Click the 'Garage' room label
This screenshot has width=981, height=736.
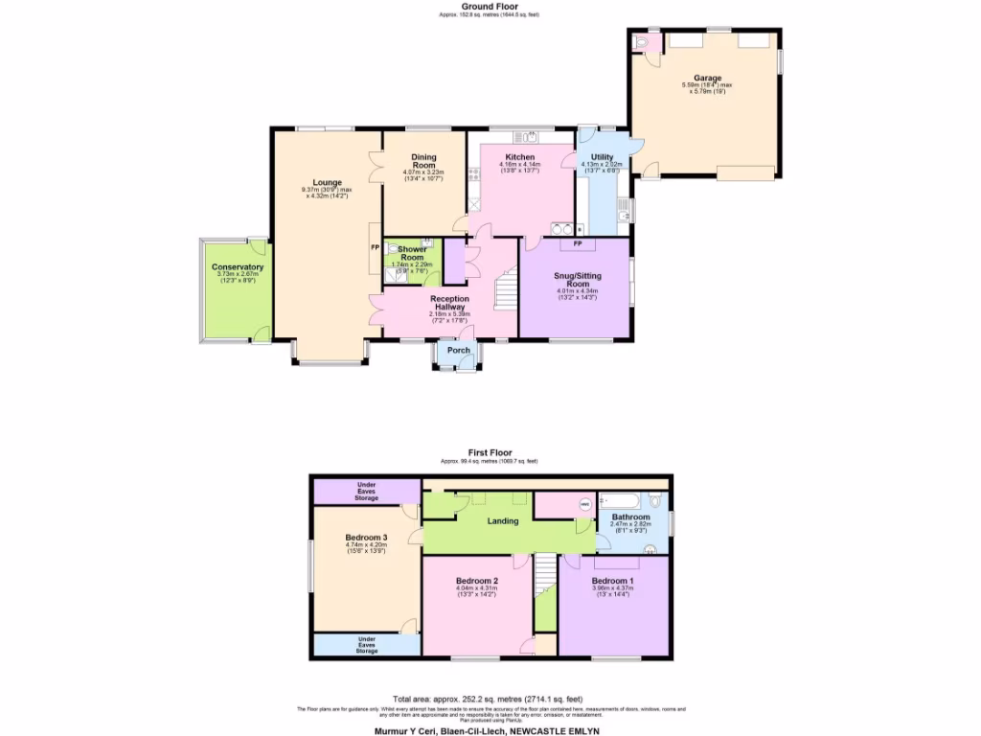coord(708,78)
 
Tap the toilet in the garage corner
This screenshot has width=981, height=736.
coord(641,43)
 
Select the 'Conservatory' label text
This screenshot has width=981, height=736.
coord(238,267)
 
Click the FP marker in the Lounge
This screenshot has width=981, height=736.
coord(375,246)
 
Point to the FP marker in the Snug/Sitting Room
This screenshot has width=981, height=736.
coord(577,243)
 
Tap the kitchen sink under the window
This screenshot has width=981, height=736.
coord(524,136)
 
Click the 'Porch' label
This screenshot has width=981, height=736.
coord(459,351)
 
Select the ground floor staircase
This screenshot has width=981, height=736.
coord(504,287)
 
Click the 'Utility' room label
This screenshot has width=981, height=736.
coord(602,156)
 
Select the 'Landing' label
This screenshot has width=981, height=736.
coord(502,521)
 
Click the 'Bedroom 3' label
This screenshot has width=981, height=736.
coord(366,538)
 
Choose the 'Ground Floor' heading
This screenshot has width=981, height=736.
coord(490,8)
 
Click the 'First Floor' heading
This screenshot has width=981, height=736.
coord(490,452)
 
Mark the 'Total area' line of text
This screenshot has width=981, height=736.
coord(490,701)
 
